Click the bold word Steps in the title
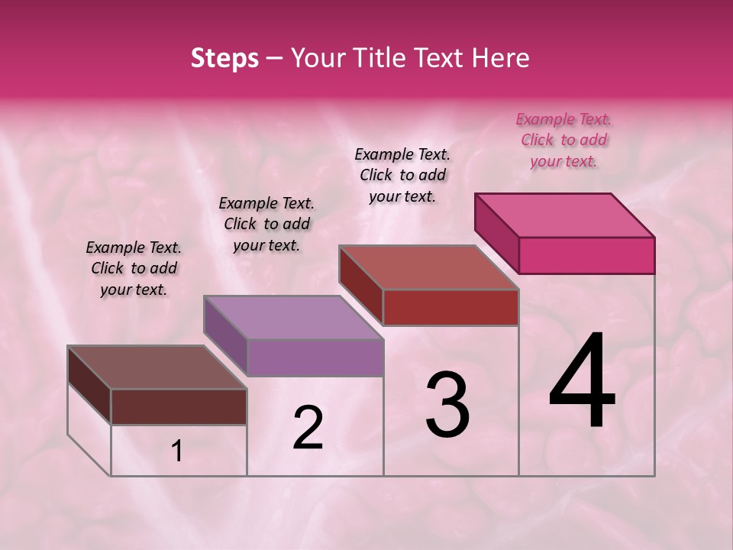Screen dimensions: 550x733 pos(224,58)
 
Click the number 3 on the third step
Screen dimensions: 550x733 pos(447,405)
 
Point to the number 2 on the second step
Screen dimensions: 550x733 pos(308,428)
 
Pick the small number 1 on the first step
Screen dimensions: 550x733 pos(177,451)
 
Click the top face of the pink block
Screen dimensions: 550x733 pos(565,215)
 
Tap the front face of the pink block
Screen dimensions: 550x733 pos(586,255)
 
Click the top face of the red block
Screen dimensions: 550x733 pos(429,267)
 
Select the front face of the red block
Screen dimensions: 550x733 pos(450,307)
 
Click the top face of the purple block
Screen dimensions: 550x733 pos(293,318)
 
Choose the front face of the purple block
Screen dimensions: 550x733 pos(315,357)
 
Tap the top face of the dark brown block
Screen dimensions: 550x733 pos(157,367)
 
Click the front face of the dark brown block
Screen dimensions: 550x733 pos(179,406)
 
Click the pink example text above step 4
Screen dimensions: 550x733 pos(563,140)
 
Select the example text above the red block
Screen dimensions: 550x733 pos(402,175)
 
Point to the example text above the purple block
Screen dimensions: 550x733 pos(266,224)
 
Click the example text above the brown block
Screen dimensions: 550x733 pos(134,268)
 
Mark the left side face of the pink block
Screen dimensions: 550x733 pos(496,231)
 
